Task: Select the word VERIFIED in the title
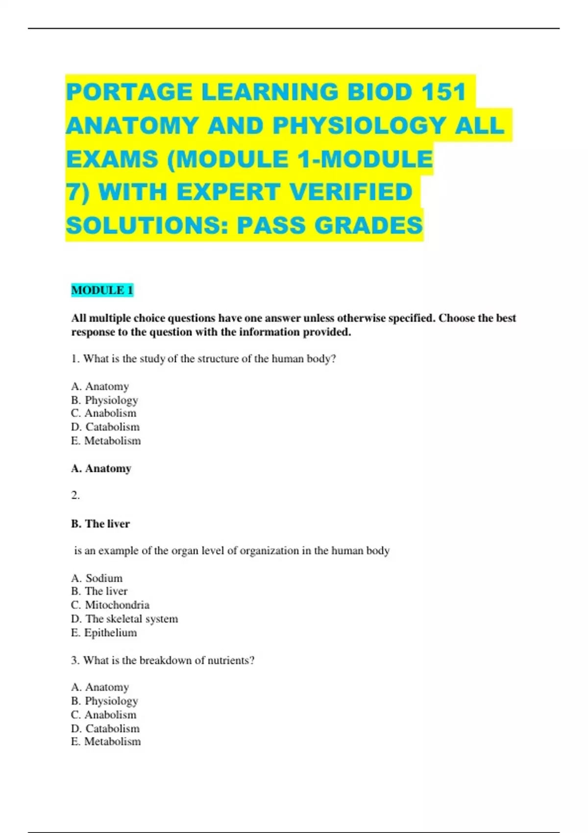(x=350, y=192)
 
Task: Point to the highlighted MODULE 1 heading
(x=102, y=290)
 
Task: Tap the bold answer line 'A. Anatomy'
(x=101, y=468)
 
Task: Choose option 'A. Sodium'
(x=97, y=578)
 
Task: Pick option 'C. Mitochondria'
(x=110, y=605)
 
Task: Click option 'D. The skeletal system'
(x=124, y=618)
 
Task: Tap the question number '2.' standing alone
(x=75, y=495)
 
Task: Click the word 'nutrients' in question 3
(x=231, y=660)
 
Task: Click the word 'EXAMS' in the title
(x=112, y=159)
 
